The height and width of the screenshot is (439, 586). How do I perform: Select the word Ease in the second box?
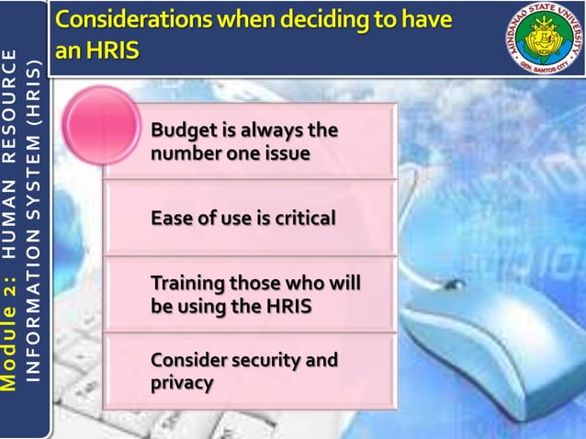click(171, 219)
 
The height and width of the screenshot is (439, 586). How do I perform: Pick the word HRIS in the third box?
click(289, 306)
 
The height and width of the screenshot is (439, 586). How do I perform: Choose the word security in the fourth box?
click(263, 360)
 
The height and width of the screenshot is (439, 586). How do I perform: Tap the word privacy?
click(183, 382)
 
